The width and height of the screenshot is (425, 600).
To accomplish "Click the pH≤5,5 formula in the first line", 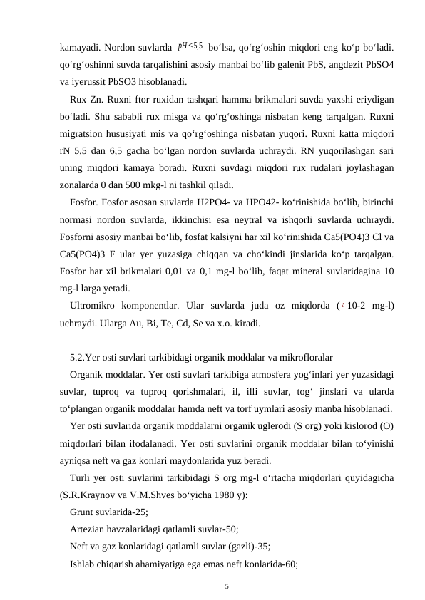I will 190,47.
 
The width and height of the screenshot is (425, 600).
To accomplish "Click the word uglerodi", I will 290,425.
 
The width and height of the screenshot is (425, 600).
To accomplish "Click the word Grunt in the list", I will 83,511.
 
